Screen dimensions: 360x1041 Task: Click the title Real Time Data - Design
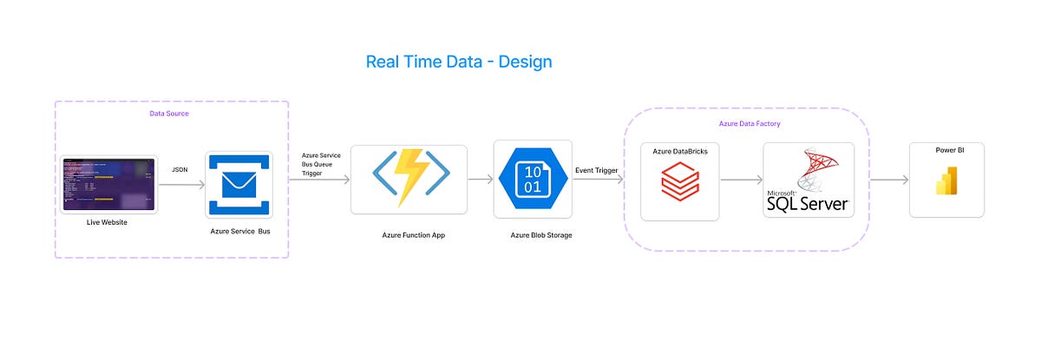click(459, 62)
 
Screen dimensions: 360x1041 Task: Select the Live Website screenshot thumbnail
click(108, 184)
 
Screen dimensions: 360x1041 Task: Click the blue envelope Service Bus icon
click(239, 185)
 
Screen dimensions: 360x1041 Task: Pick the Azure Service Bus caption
click(239, 232)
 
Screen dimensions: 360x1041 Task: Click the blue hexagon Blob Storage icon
click(533, 179)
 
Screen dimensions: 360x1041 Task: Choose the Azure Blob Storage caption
click(541, 234)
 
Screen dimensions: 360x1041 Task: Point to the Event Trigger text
click(597, 171)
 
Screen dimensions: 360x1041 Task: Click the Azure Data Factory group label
click(750, 124)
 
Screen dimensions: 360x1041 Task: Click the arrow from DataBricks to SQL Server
click(741, 180)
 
